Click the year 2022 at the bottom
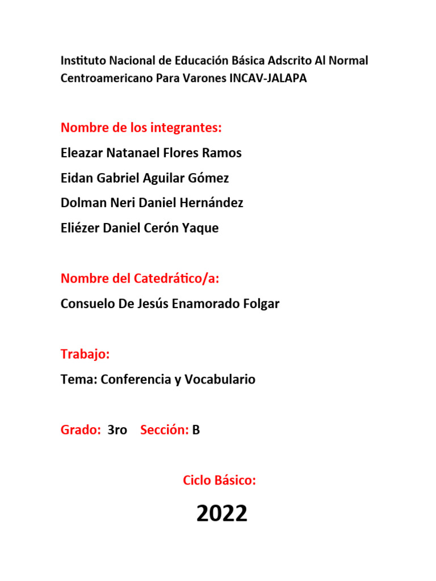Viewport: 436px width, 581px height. coord(222,514)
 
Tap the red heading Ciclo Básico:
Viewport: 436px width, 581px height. coord(219,481)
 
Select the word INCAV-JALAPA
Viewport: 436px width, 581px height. coord(268,79)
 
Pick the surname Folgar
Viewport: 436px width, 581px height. coord(261,304)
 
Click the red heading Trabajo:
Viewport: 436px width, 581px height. coord(85,355)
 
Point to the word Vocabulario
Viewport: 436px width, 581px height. coord(223,380)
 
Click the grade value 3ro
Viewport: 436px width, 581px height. coord(117,430)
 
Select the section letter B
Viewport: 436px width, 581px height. coord(196,430)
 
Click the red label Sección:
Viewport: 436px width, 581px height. coord(164,430)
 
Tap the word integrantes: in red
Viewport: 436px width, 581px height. coord(186,128)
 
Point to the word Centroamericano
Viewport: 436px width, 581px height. coord(107,79)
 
